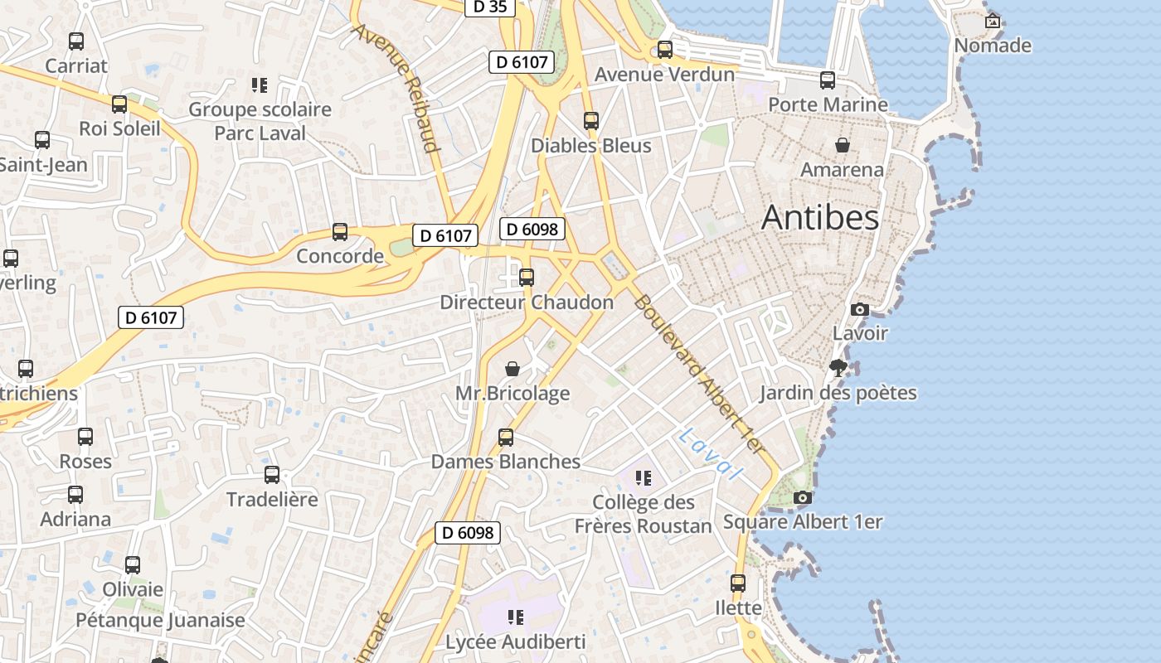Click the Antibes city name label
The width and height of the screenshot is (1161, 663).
pos(819,217)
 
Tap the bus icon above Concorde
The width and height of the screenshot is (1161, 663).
pos(339,232)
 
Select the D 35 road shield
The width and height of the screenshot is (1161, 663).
pos(489,7)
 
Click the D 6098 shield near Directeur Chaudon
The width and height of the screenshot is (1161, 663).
pos(532,230)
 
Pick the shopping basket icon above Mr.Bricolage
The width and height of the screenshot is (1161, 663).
pos(512,368)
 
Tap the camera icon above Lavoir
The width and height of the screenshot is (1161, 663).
pos(860,310)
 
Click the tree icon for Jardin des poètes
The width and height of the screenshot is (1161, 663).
pos(838,368)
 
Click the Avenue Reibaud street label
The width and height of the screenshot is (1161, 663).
pos(396,88)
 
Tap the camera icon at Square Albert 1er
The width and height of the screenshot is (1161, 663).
pos(802,498)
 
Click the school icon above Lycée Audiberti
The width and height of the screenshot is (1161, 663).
pos(516,617)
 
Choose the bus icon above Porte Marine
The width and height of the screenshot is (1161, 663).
pos(828,80)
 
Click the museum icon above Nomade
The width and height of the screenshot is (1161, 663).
pos(992,21)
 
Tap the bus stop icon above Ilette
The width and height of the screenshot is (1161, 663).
pos(738,583)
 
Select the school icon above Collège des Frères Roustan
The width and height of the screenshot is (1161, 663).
pos(643,478)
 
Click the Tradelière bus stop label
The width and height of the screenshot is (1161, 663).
pos(272,500)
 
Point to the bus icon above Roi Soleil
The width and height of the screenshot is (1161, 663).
pos(119,104)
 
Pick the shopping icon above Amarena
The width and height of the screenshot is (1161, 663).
pos(843,146)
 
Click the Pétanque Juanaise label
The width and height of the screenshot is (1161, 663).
pos(161,620)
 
